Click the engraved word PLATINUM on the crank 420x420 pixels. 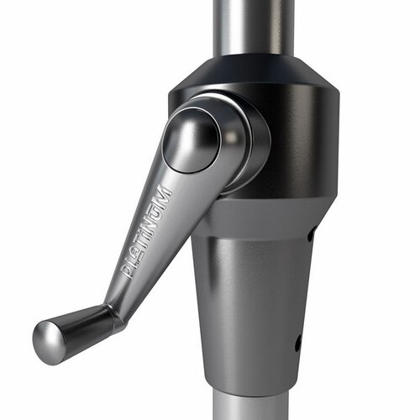[x=148, y=232]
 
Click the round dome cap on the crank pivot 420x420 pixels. [x=192, y=139]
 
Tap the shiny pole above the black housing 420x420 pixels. [x=252, y=25]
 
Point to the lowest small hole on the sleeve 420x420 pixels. [x=297, y=344]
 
